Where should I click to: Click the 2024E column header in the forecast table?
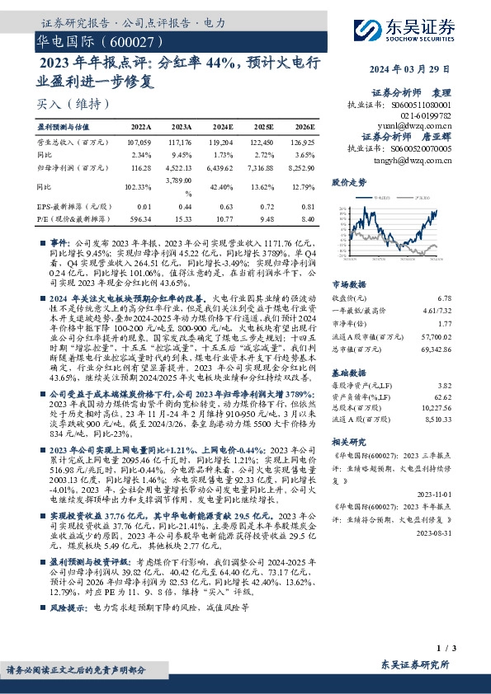click(x=223, y=128)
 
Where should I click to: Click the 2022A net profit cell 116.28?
click(x=141, y=166)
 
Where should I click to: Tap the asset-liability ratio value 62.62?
click(x=443, y=396)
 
